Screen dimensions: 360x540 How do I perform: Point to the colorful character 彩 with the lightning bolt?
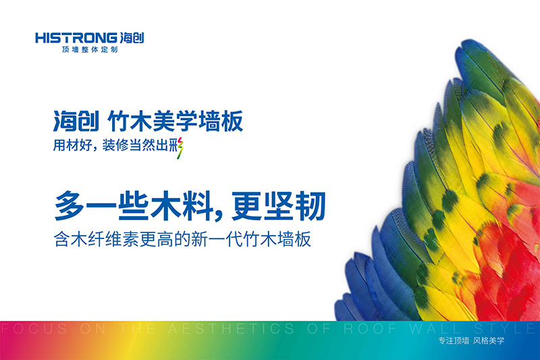178,145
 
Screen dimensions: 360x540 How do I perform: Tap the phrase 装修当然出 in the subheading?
138,145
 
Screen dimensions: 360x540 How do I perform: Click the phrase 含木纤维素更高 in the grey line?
117,239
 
